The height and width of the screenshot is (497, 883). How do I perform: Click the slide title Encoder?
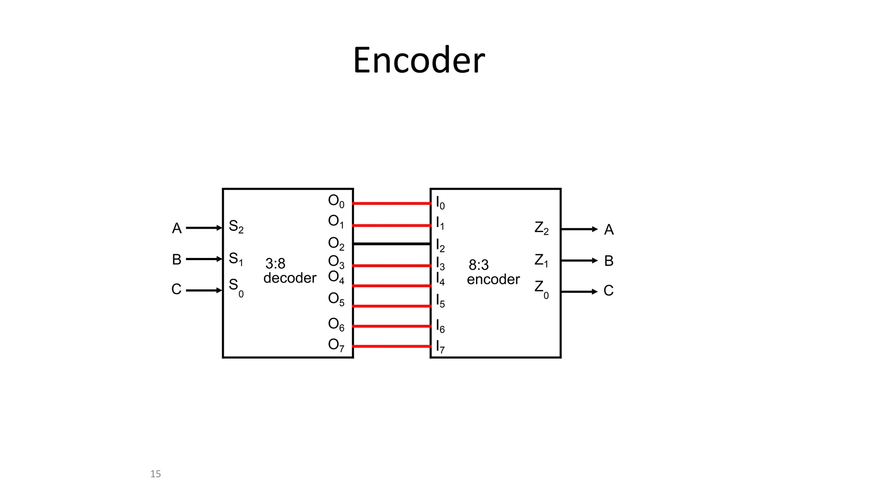(x=419, y=60)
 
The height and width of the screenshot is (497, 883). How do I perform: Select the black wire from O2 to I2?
(x=391, y=244)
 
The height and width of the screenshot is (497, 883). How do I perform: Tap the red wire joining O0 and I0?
(x=391, y=203)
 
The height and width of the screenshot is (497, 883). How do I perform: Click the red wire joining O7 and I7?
(x=391, y=346)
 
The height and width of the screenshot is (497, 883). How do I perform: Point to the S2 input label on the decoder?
(x=236, y=226)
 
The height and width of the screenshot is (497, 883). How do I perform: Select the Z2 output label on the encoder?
(x=542, y=228)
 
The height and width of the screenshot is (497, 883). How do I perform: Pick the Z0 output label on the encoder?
(x=542, y=289)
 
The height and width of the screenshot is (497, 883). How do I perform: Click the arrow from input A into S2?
(x=204, y=228)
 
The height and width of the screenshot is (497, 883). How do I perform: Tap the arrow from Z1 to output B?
(x=579, y=261)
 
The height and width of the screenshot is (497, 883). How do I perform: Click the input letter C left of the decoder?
(x=176, y=289)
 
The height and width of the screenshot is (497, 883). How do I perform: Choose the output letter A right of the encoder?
(x=609, y=230)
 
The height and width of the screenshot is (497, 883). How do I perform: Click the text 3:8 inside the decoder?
(x=275, y=264)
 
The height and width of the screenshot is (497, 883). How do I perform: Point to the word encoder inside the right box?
(x=493, y=280)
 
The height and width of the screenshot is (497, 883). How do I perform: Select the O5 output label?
(x=336, y=299)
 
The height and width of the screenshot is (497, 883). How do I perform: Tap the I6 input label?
(x=440, y=326)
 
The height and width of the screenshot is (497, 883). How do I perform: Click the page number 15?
(x=155, y=474)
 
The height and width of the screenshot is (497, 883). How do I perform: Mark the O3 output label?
(x=336, y=262)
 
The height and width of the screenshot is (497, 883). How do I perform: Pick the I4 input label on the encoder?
(x=440, y=279)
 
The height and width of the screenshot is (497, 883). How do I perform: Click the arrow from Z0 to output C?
(x=579, y=292)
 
